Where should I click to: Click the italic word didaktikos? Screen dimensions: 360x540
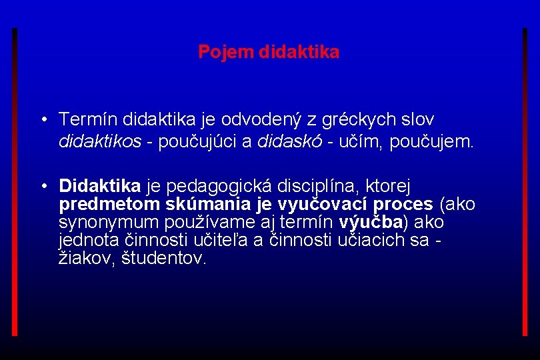pos(100,141)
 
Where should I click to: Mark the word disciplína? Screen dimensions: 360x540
pos(319,185)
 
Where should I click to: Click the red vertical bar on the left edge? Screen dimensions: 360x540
pos(15,180)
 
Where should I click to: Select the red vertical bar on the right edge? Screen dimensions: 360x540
pos(525,180)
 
